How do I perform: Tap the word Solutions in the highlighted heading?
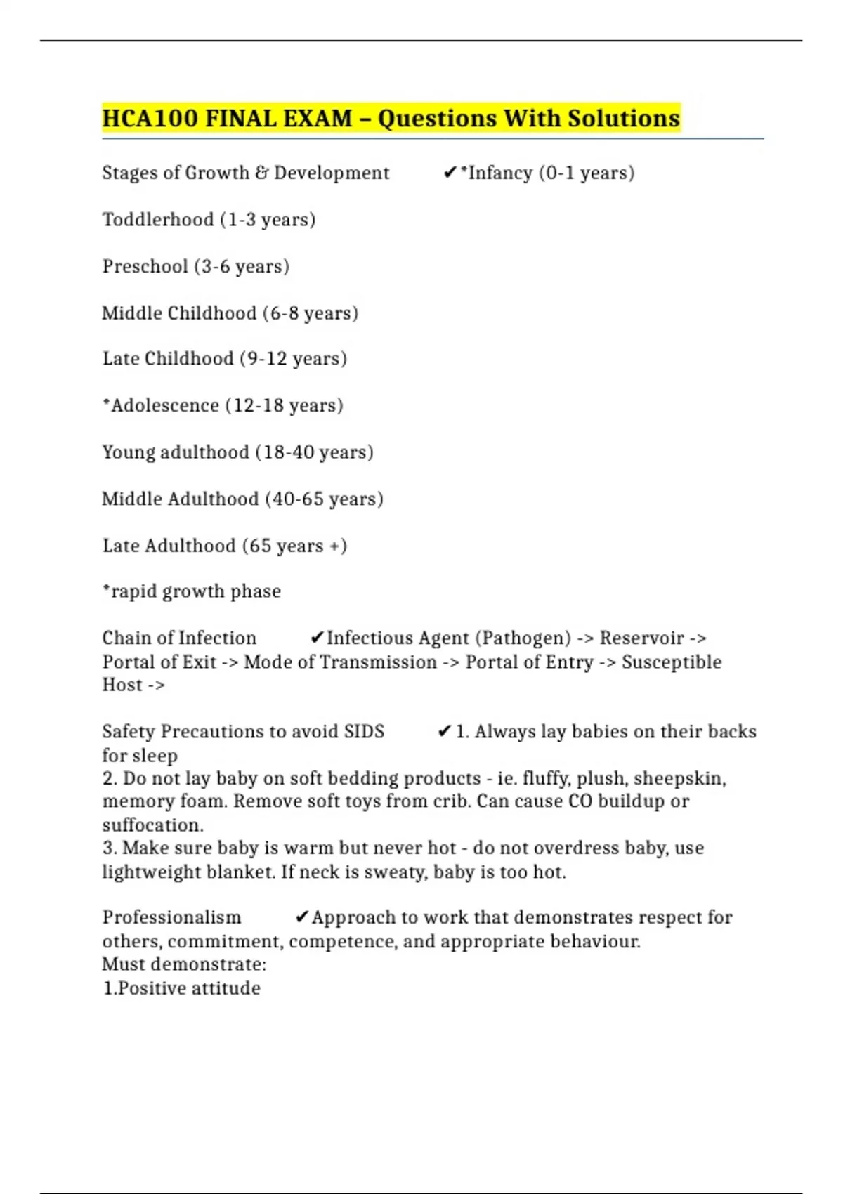[623, 119]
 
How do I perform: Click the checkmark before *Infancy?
[450, 173]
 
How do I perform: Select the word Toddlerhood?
[158, 220]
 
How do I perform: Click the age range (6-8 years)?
[311, 313]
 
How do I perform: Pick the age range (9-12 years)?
[294, 359]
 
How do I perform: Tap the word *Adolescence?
[161, 406]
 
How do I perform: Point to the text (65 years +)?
[294, 546]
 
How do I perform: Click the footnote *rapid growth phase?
[192, 591]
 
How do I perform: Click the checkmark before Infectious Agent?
[317, 638]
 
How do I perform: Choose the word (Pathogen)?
[523, 638]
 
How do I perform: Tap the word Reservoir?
[641, 638]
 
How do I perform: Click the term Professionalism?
[171, 918]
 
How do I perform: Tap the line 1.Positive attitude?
[182, 988]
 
